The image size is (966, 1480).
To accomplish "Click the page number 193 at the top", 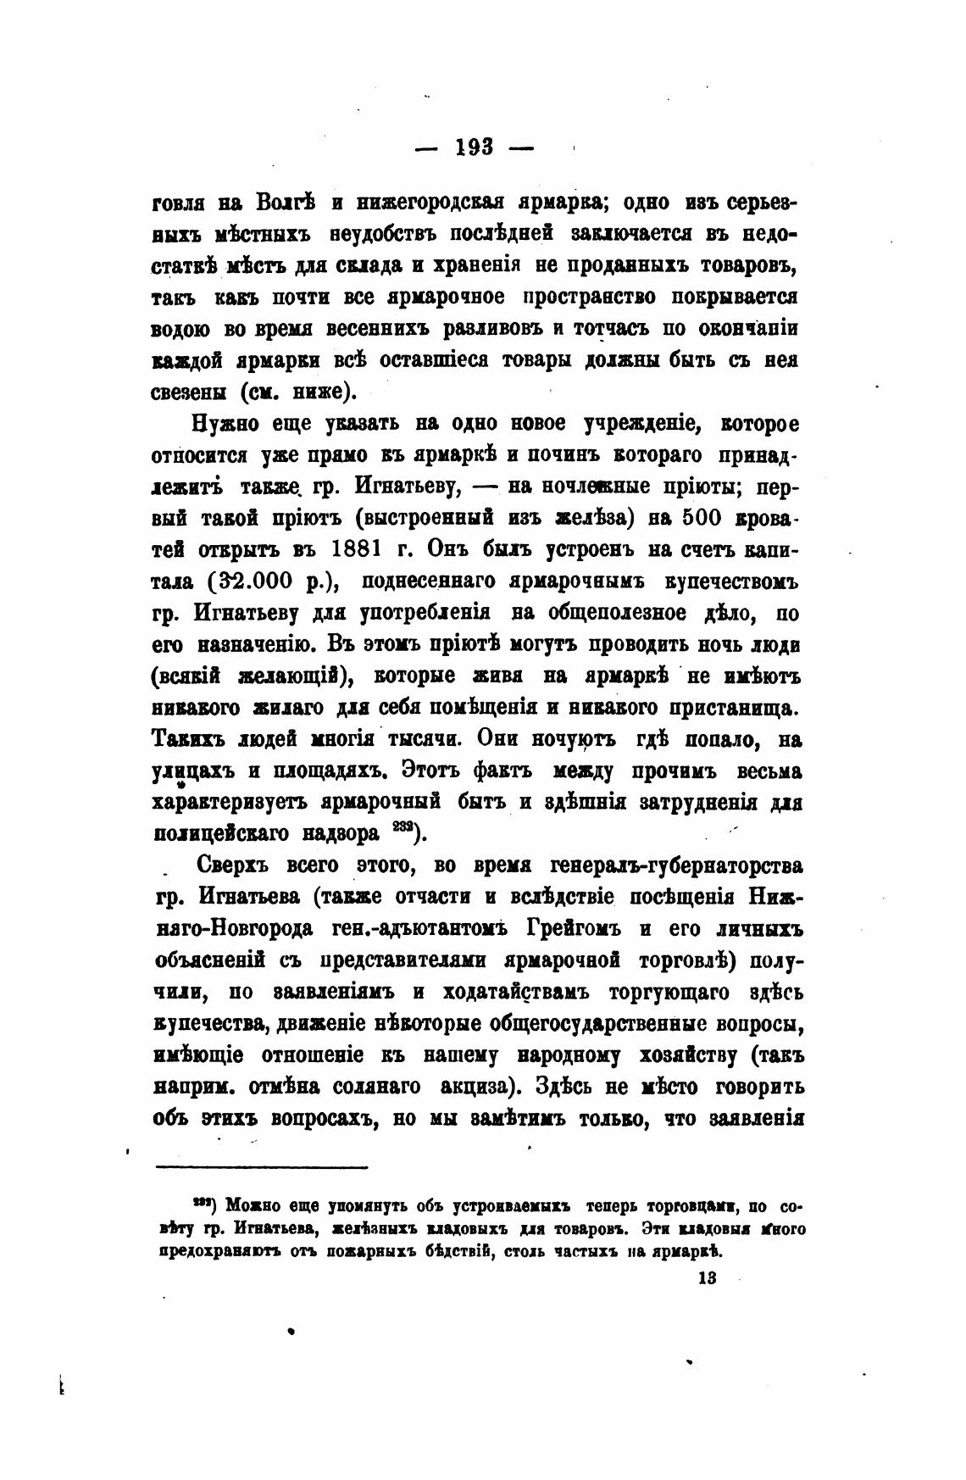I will pyautogui.click(x=475, y=147).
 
